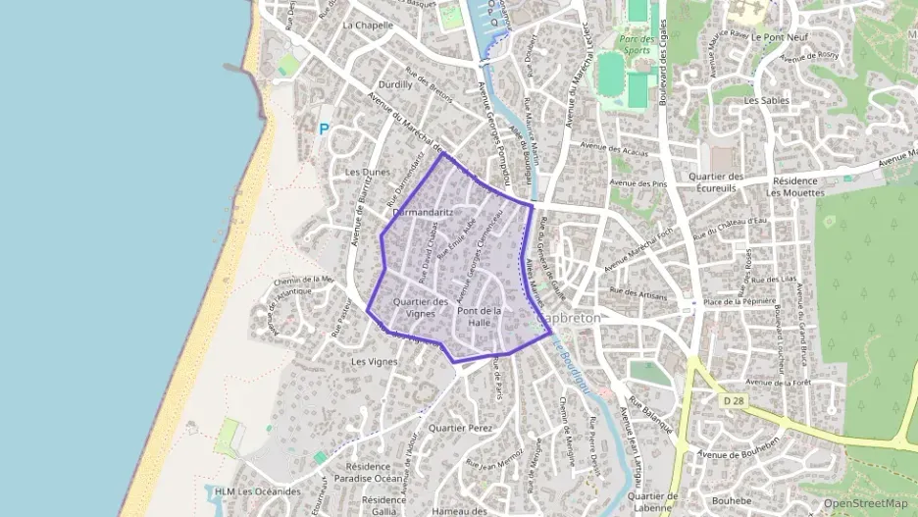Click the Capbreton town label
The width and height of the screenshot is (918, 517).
[x=569, y=319]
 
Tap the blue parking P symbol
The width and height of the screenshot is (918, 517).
[x=325, y=128]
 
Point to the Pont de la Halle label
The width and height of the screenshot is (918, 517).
[x=480, y=317]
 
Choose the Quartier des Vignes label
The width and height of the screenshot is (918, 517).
[x=420, y=307]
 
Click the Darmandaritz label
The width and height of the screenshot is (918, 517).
[x=423, y=212]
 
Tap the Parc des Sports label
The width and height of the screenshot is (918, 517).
[x=636, y=44]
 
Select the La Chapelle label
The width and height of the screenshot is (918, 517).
[x=368, y=25]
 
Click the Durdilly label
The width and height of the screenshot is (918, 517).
[x=395, y=84]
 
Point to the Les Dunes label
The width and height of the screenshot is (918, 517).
[x=368, y=172]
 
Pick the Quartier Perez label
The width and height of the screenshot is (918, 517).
[x=461, y=429]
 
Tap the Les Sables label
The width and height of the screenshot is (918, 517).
[x=765, y=100]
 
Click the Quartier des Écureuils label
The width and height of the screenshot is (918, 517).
[x=719, y=182]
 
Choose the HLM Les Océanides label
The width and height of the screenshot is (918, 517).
[x=254, y=491]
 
